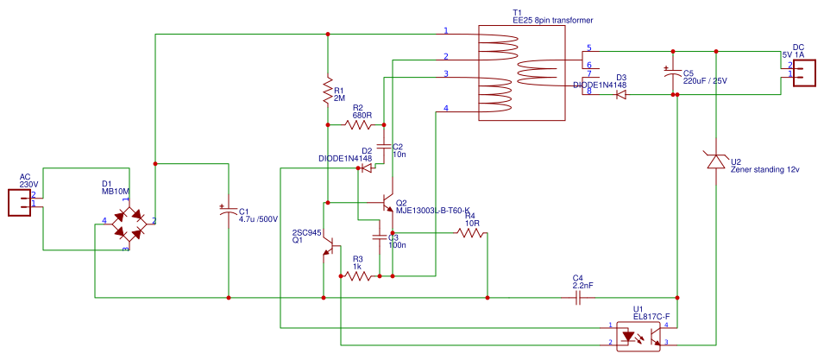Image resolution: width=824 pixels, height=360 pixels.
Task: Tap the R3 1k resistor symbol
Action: coord(359,276)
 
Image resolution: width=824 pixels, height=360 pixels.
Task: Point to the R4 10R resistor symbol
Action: coord(471,233)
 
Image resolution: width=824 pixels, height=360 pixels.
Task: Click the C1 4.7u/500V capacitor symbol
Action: coord(229,211)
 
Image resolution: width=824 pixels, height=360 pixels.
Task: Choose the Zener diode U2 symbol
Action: coord(715,161)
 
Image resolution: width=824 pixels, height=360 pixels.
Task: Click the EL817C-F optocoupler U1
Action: coord(638,335)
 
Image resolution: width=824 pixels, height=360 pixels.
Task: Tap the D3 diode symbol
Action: coord(621,95)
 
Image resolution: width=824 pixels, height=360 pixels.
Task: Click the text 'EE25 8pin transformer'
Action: coord(553,20)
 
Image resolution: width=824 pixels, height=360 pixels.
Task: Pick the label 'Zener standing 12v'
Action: coord(765,169)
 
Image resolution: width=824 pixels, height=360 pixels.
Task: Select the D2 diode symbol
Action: coord(366,168)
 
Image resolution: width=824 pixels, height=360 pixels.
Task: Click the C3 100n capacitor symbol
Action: coord(380,235)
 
